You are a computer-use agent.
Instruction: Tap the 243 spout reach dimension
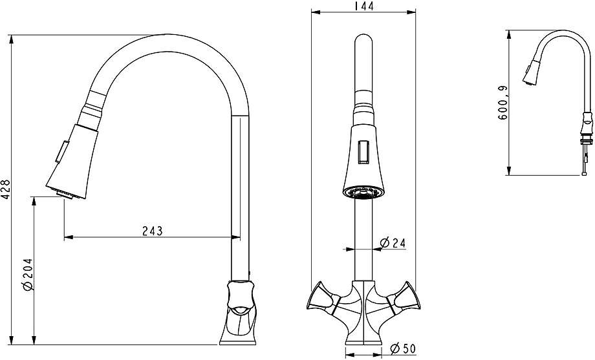point(153,231)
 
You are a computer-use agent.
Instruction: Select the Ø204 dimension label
point(28,275)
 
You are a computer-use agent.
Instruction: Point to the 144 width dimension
point(363,6)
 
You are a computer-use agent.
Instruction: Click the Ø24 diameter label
point(393,242)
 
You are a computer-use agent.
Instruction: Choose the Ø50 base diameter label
point(403,348)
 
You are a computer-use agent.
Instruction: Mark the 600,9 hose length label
point(503,103)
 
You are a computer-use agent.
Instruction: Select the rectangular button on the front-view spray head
point(363,152)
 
